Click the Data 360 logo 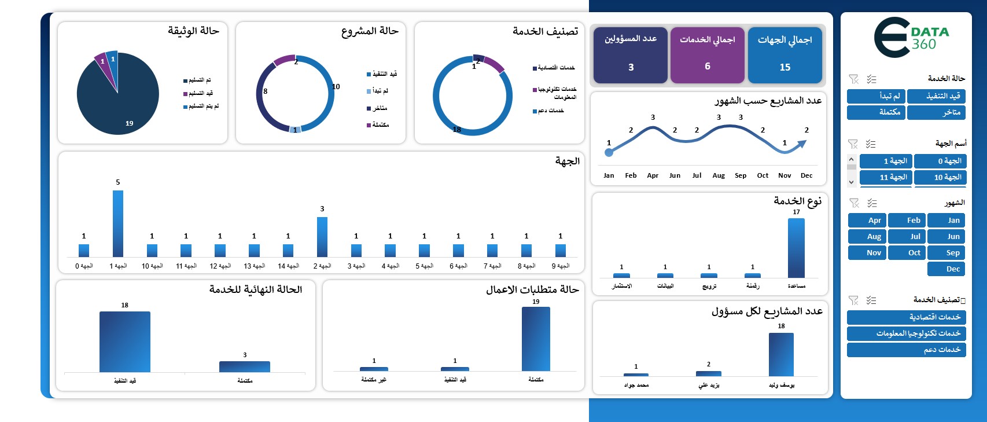click(911, 38)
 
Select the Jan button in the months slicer click(947, 221)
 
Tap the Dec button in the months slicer click(947, 269)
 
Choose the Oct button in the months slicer click(907, 253)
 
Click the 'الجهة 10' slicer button click(941, 177)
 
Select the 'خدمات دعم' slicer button click(906, 350)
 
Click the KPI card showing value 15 click(785, 56)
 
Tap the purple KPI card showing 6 click(707, 56)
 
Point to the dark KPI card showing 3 click(631, 56)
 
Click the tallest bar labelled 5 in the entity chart click(118, 223)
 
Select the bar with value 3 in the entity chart click(322, 237)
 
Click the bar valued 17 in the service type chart click(796, 248)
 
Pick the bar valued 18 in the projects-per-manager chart click(781, 354)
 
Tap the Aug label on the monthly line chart click(719, 175)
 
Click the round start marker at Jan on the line click(609, 153)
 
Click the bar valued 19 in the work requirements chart click(536, 339)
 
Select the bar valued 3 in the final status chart click(244, 366)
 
